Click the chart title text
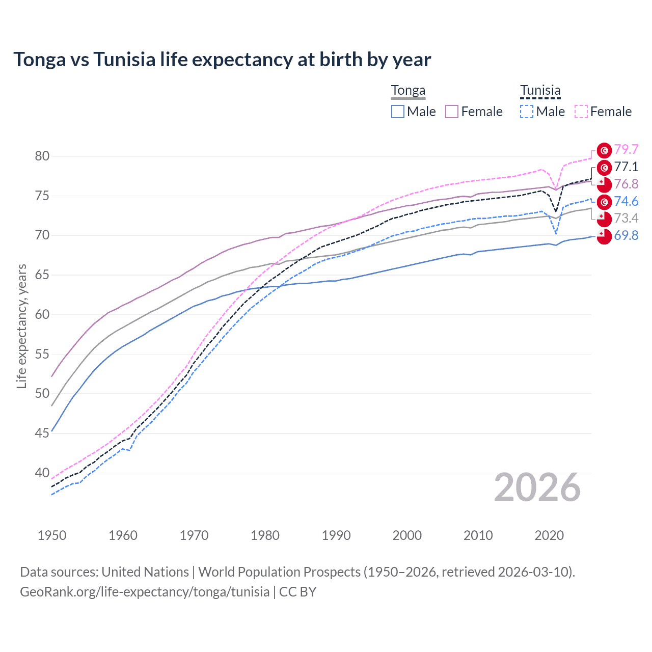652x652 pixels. pos(222,60)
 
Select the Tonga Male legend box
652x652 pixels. pos(398,112)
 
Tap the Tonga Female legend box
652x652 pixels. pos(452,112)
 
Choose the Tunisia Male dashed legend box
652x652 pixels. pos(527,112)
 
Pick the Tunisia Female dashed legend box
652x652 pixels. pos(581,112)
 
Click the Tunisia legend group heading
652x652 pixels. pos(540,91)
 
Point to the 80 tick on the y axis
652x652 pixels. pos(42,156)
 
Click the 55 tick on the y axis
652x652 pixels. pos(42,354)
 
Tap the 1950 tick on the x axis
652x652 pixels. pos(52,535)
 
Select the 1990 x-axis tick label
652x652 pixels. pos(336,535)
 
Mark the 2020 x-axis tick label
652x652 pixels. pos(549,535)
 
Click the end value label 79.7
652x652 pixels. pos(626,149)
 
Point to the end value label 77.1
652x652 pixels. pos(626,167)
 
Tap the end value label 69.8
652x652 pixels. pos(626,235)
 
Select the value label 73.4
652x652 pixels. pos(626,218)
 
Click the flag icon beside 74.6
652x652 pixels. pos(604,202)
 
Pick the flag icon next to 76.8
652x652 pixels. pos(604,184)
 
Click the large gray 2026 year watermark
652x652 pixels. pos(537,488)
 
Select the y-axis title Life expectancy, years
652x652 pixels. pos(22,326)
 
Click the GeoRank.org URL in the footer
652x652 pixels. pos(145,592)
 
